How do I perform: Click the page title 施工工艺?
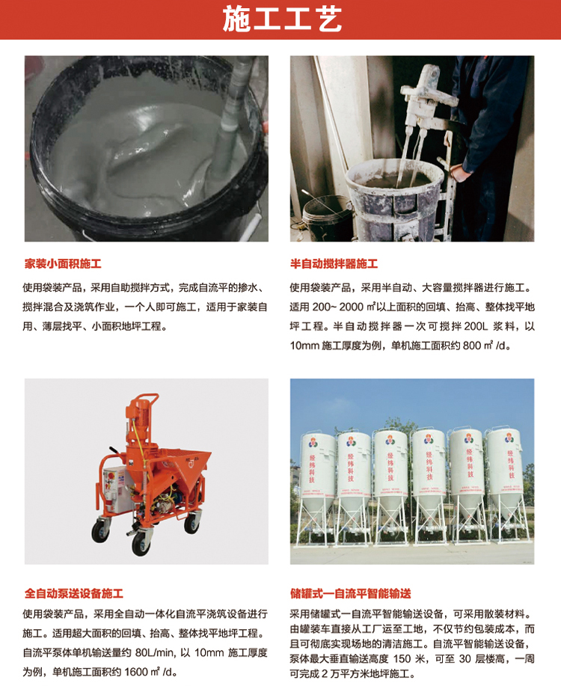(282, 19)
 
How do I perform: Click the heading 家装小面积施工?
(63, 264)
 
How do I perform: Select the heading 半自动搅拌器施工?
(334, 264)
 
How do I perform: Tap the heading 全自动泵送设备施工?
(74, 593)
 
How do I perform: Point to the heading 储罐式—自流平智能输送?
(351, 593)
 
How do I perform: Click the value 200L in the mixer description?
(476, 326)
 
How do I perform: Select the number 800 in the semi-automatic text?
(472, 346)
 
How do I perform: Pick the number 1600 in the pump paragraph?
(136, 672)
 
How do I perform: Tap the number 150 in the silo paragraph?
(402, 659)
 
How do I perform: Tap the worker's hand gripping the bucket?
(459, 173)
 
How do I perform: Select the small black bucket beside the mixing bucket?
(328, 218)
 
